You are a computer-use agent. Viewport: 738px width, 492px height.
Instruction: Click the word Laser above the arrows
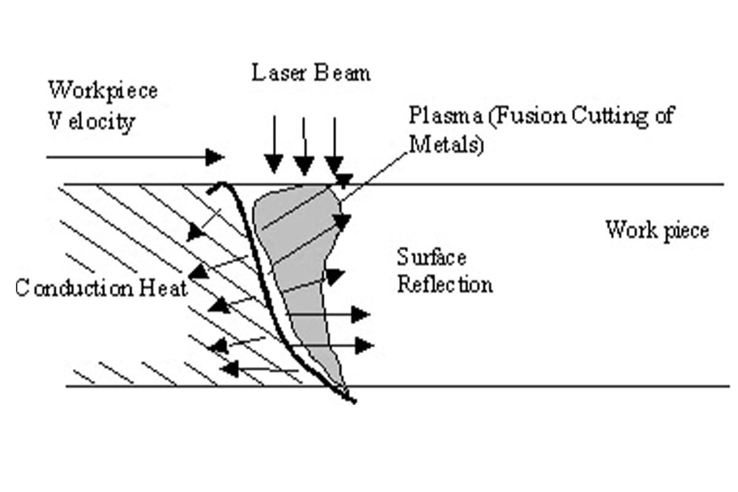click(x=275, y=73)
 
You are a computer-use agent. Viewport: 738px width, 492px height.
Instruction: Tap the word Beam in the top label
click(x=343, y=73)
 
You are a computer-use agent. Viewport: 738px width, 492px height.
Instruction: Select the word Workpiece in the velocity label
click(x=103, y=91)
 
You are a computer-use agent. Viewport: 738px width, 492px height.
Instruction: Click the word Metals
click(x=446, y=145)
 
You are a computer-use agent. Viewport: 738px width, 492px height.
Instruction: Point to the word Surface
click(x=431, y=257)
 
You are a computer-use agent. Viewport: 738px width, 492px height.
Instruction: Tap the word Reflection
click(x=445, y=285)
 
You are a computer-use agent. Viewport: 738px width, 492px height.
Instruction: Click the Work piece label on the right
click(x=657, y=230)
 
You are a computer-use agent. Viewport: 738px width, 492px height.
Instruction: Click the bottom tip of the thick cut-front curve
click(x=354, y=402)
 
